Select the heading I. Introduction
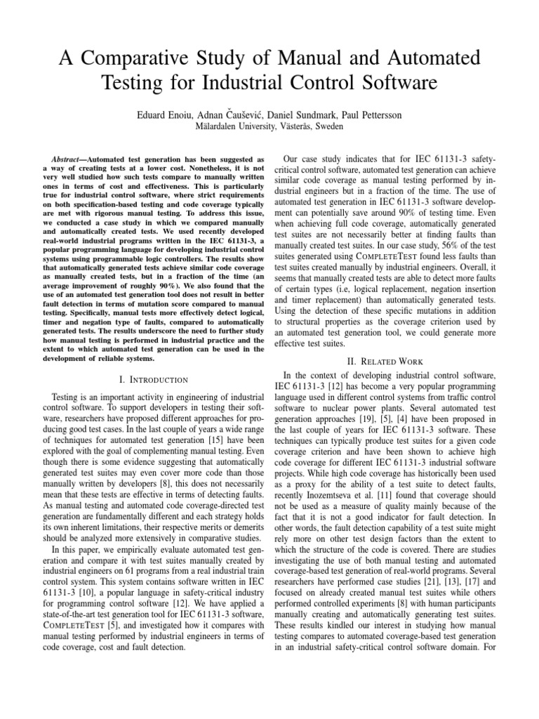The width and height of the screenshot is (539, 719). click(x=153, y=380)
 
